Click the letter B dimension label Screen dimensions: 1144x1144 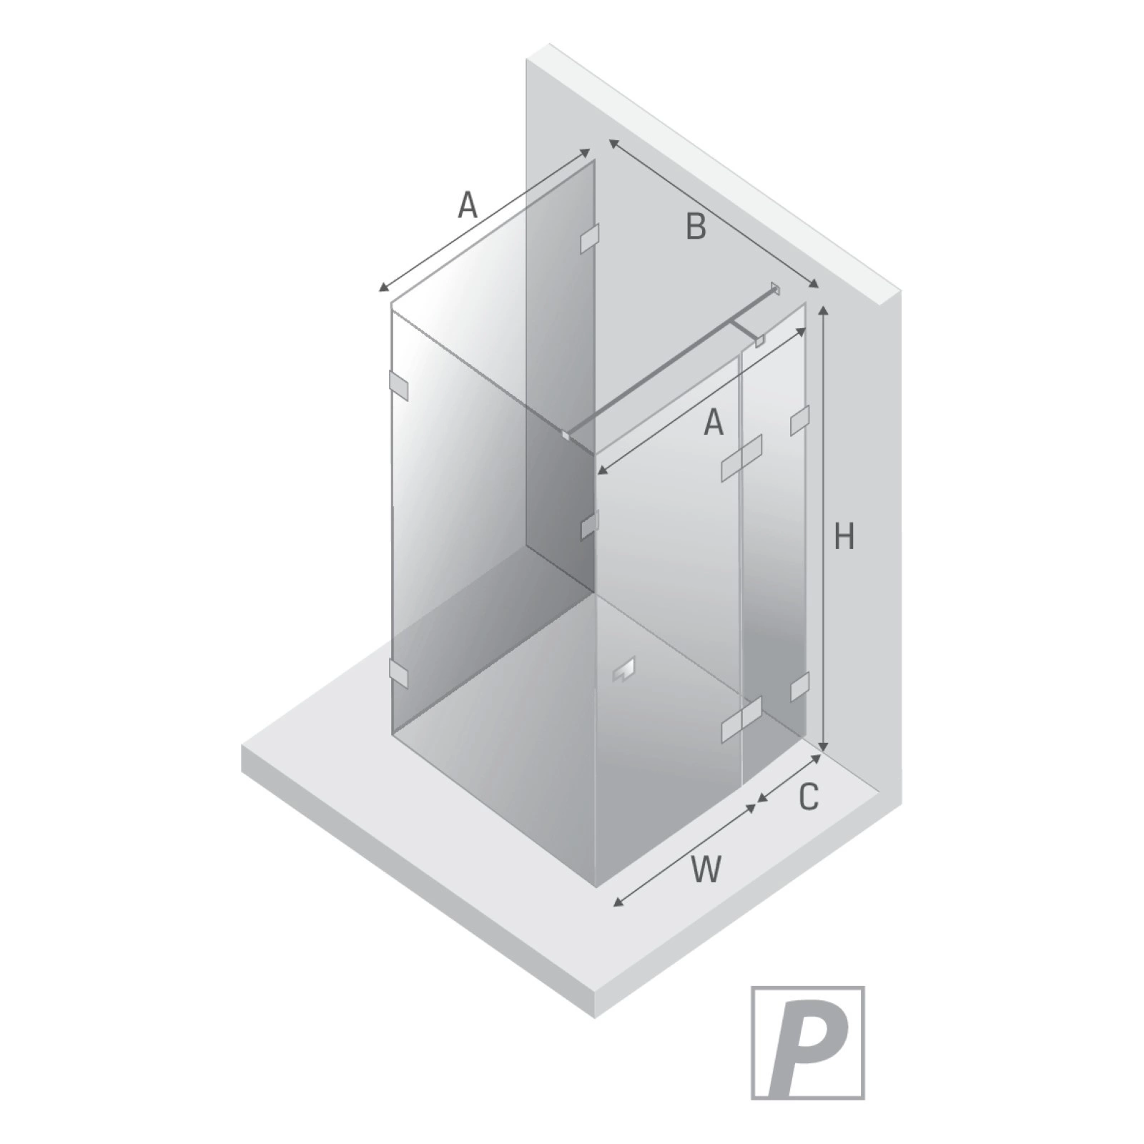(x=696, y=227)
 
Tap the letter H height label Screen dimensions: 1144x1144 (x=844, y=536)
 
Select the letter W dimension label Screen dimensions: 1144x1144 (x=706, y=869)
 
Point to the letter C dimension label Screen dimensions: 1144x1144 (x=808, y=797)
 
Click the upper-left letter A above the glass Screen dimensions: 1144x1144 (x=467, y=206)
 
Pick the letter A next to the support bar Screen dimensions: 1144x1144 (x=714, y=423)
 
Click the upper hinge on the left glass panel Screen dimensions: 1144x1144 (x=398, y=386)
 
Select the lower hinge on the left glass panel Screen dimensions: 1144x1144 (x=398, y=672)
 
